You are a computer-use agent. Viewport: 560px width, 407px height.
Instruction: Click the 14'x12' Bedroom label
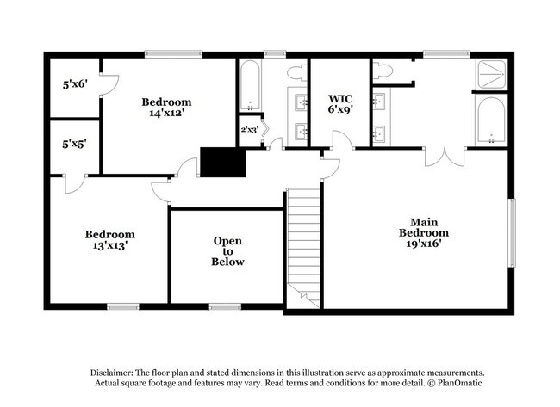click(x=167, y=107)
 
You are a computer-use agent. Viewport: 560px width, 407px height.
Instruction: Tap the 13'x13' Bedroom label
click(x=109, y=239)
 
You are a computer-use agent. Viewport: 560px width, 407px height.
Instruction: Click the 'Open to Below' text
click(x=228, y=250)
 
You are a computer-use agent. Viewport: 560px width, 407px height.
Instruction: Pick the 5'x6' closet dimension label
click(x=75, y=85)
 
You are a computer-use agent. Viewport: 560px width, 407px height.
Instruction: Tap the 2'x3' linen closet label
click(x=249, y=130)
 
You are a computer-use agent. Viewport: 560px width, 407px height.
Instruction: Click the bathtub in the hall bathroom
click(x=250, y=86)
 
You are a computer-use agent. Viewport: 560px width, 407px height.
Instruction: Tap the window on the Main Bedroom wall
click(x=513, y=232)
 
